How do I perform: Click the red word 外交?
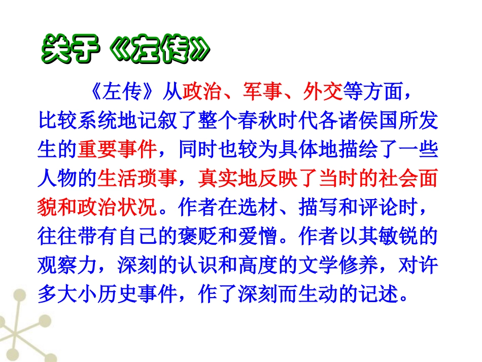pos(323,92)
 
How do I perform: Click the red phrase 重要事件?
pos(117,151)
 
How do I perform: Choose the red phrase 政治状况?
pos(117,208)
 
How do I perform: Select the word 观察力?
pos(67,265)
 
